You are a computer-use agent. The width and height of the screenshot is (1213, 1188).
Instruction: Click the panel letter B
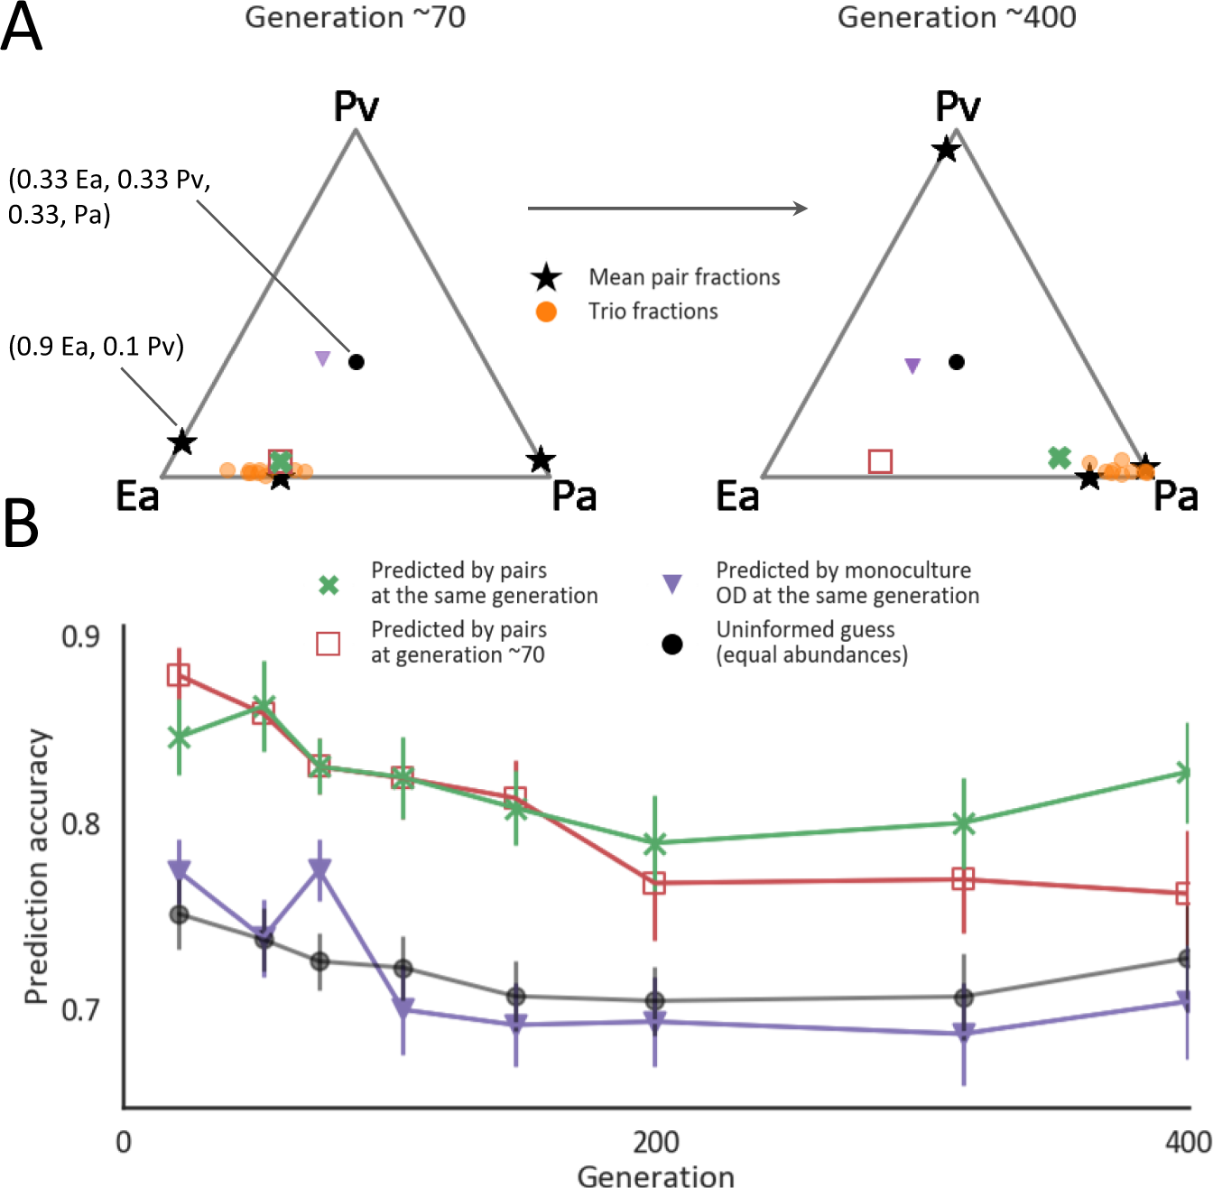click(x=22, y=523)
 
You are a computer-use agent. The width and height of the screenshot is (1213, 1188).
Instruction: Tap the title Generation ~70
click(x=355, y=17)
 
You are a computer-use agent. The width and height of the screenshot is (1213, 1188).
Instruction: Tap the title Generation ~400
click(x=957, y=17)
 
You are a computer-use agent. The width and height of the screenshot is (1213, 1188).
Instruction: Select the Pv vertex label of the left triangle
click(x=356, y=107)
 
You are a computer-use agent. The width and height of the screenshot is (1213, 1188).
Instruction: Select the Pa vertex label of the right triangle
click(x=1175, y=497)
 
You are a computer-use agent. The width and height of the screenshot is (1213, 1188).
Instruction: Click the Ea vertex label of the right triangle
click(x=737, y=497)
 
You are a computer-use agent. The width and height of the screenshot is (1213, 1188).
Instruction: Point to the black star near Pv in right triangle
click(x=946, y=150)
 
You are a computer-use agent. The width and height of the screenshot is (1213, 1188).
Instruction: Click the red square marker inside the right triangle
click(x=880, y=461)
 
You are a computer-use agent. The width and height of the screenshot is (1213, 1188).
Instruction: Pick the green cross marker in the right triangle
click(x=1060, y=458)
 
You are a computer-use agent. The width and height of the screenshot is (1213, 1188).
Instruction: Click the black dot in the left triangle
click(x=356, y=362)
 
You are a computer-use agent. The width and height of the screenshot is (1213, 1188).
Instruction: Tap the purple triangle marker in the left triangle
click(x=322, y=358)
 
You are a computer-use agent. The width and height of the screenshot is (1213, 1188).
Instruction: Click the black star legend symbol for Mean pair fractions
click(x=546, y=278)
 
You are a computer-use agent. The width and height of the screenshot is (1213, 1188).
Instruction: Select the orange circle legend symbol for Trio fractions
click(x=546, y=312)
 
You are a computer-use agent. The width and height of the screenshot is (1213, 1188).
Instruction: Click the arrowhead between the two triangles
click(x=800, y=209)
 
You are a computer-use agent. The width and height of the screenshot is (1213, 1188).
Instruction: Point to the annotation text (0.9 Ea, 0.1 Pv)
click(x=96, y=347)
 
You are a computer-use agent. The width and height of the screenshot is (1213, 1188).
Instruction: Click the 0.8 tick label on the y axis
click(x=80, y=823)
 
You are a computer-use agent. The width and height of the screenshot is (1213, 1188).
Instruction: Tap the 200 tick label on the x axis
click(x=655, y=1142)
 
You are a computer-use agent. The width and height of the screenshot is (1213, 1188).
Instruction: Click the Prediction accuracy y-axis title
click(x=36, y=867)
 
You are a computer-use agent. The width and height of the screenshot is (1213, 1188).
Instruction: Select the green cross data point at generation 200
click(x=655, y=843)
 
